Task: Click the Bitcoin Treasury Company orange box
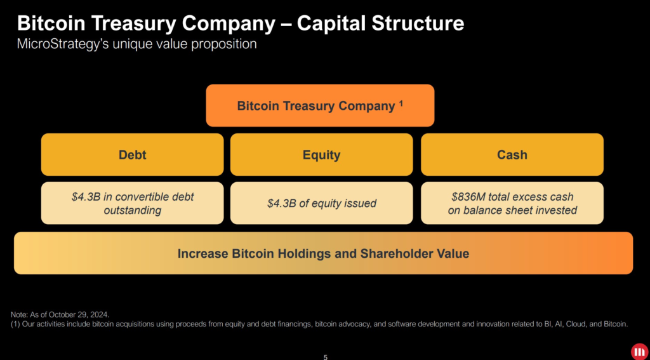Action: pyautogui.click(x=320, y=105)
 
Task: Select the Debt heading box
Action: pyautogui.click(x=132, y=154)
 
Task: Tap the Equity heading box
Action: pyautogui.click(x=321, y=154)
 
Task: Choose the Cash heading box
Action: pyautogui.click(x=512, y=154)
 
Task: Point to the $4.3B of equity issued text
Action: pyautogui.click(x=321, y=203)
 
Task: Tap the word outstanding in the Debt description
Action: pyautogui.click(x=132, y=210)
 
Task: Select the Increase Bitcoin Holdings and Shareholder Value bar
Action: pyautogui.click(x=323, y=253)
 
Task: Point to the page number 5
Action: pyautogui.click(x=326, y=357)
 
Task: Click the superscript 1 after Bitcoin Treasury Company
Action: pyautogui.click(x=401, y=103)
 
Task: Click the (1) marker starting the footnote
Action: pyautogui.click(x=16, y=324)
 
